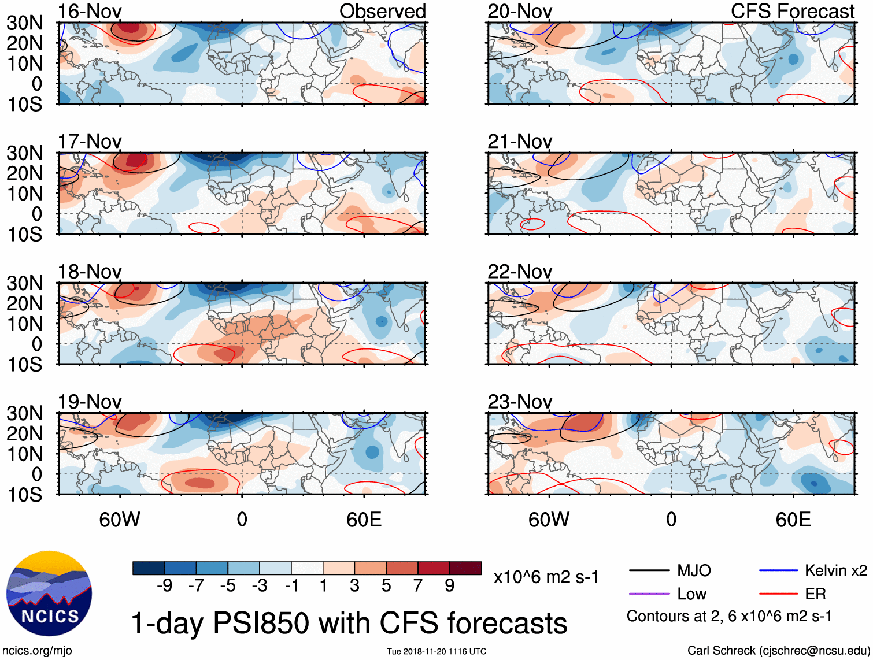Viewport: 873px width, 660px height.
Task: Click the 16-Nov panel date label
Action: (x=90, y=11)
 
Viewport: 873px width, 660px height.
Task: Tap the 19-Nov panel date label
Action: (x=90, y=401)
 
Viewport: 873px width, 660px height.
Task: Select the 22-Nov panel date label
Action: (x=519, y=271)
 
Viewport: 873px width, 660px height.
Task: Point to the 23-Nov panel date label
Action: (x=519, y=401)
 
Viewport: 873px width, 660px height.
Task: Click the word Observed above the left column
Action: (x=382, y=11)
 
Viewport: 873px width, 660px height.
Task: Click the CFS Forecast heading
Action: (x=792, y=11)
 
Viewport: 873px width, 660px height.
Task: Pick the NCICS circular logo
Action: (x=49, y=594)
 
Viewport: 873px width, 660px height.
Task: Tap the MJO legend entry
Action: (x=694, y=571)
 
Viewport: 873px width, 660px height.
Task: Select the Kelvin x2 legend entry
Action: (x=835, y=571)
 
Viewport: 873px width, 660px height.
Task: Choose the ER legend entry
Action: (x=815, y=594)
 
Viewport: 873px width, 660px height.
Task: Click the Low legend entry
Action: (x=691, y=594)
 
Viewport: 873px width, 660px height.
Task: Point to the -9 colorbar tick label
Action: (x=164, y=585)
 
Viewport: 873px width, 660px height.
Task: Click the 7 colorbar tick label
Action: (x=417, y=585)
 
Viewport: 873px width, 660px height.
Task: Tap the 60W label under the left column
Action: (x=120, y=520)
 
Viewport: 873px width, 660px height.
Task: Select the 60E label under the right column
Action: (x=793, y=520)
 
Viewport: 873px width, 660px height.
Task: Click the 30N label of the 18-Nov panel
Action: (x=24, y=283)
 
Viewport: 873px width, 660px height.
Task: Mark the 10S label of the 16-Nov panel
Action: (x=24, y=104)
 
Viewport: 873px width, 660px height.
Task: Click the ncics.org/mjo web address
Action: (x=38, y=650)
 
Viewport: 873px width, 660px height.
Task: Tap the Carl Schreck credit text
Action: (x=778, y=650)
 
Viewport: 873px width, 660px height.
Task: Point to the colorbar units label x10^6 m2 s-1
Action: (x=546, y=577)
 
